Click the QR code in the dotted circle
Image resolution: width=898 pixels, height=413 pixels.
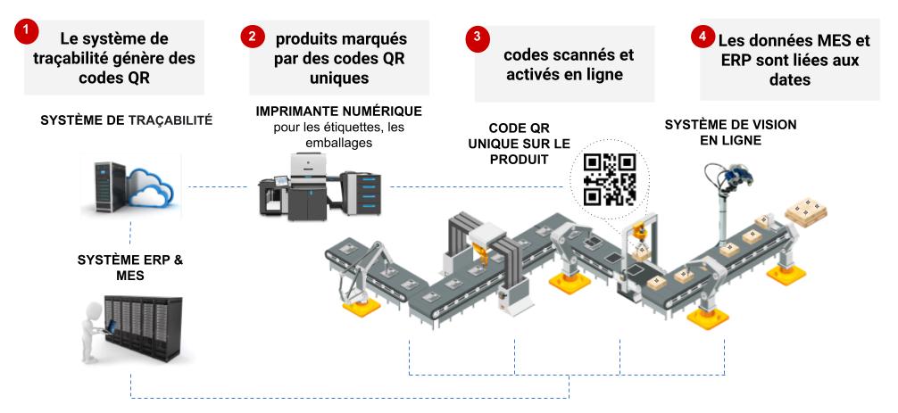click(x=609, y=179)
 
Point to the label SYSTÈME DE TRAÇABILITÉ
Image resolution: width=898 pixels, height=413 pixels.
click(x=126, y=120)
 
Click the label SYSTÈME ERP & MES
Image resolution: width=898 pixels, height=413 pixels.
click(x=130, y=268)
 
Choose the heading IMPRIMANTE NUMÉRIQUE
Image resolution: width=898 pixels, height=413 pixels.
click(x=338, y=112)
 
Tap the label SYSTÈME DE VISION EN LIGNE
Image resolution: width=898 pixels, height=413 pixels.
click(x=730, y=132)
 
